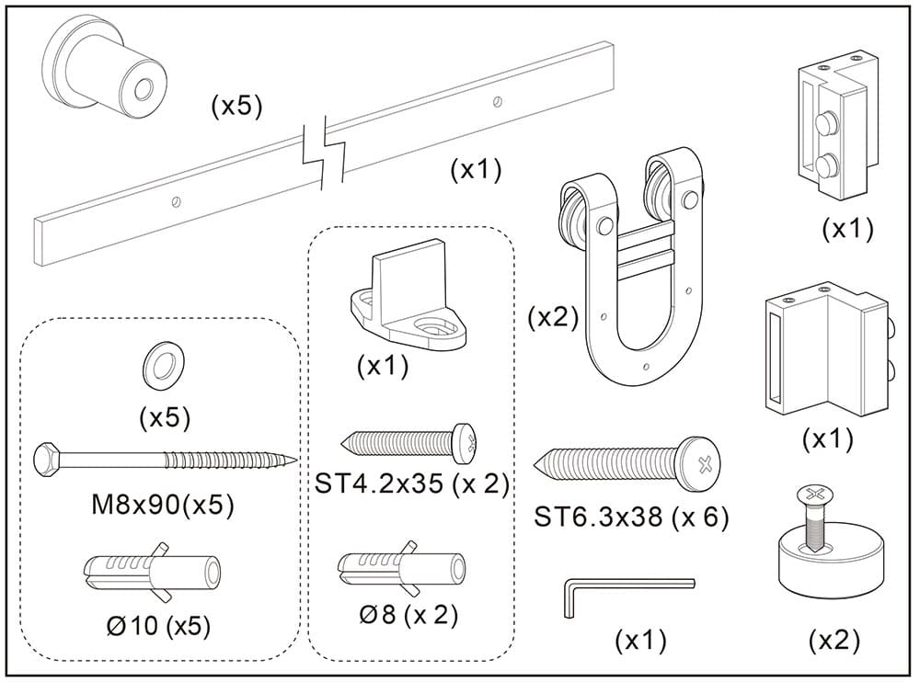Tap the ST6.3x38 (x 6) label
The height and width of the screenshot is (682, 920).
pyautogui.click(x=630, y=517)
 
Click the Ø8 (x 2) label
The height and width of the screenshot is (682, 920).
pyautogui.click(x=408, y=614)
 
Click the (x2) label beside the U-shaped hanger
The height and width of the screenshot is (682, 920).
pyautogui.click(x=552, y=318)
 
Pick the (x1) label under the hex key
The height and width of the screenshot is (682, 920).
pyautogui.click(x=640, y=641)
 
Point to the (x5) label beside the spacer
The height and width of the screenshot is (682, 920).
pyautogui.click(x=236, y=107)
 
